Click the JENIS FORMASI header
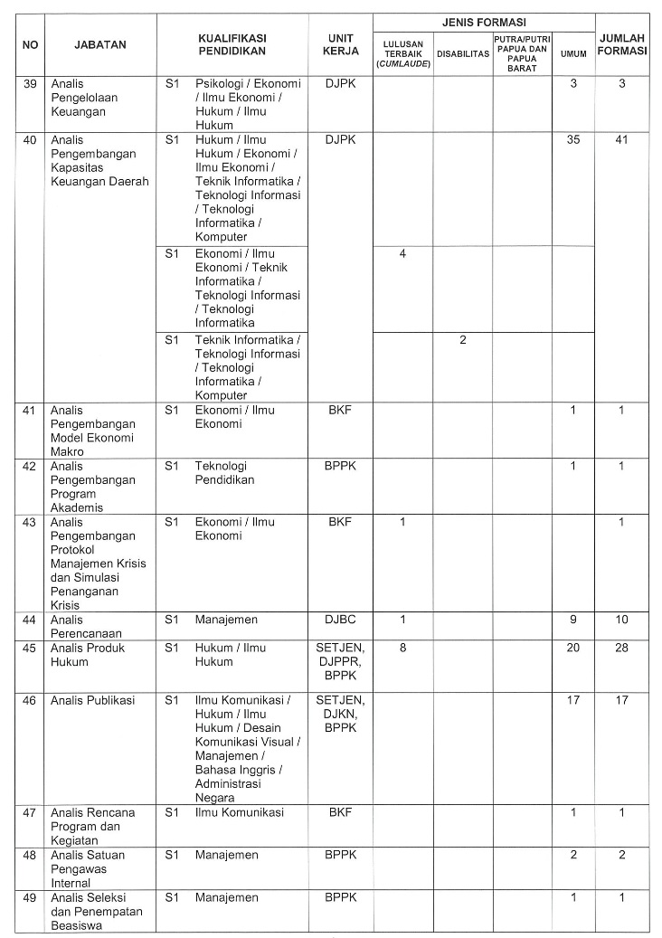click(483, 22)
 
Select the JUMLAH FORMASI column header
click(622, 43)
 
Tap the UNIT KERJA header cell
click(340, 43)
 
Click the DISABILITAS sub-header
click(462, 53)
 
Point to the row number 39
click(29, 83)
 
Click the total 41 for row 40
click(622, 140)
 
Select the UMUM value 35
click(572, 140)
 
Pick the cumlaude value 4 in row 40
click(402, 253)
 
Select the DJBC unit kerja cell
click(340, 620)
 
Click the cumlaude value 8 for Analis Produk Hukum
click(402, 648)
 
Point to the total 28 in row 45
click(622, 648)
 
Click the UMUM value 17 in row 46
click(572, 700)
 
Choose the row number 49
click(29, 897)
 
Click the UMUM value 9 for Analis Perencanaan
click(572, 620)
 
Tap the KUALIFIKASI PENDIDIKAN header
click(232, 43)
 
